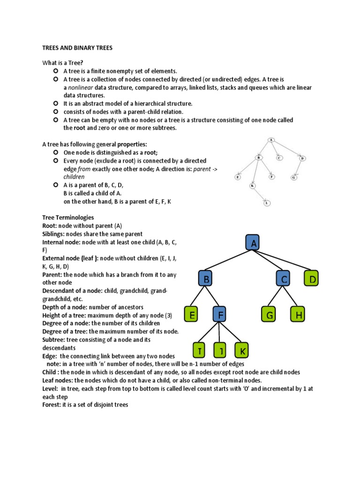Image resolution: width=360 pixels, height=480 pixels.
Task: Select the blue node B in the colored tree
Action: (205, 279)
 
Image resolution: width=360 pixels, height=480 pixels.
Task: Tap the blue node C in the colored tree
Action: (284, 279)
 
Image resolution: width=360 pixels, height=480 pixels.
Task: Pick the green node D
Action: (313, 279)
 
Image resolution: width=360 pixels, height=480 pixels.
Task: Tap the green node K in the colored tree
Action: (242, 351)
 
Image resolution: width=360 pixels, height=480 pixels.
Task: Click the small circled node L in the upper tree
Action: (267, 202)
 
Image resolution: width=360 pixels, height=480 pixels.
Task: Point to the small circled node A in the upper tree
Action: (271, 140)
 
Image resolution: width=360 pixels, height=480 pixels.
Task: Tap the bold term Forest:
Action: (51, 405)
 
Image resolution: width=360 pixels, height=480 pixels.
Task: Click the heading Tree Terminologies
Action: (68, 217)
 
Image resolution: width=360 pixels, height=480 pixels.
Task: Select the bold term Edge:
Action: (50, 356)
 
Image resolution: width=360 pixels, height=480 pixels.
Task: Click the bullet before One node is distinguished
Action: (56, 152)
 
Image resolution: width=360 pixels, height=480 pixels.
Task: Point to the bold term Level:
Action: (50, 388)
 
